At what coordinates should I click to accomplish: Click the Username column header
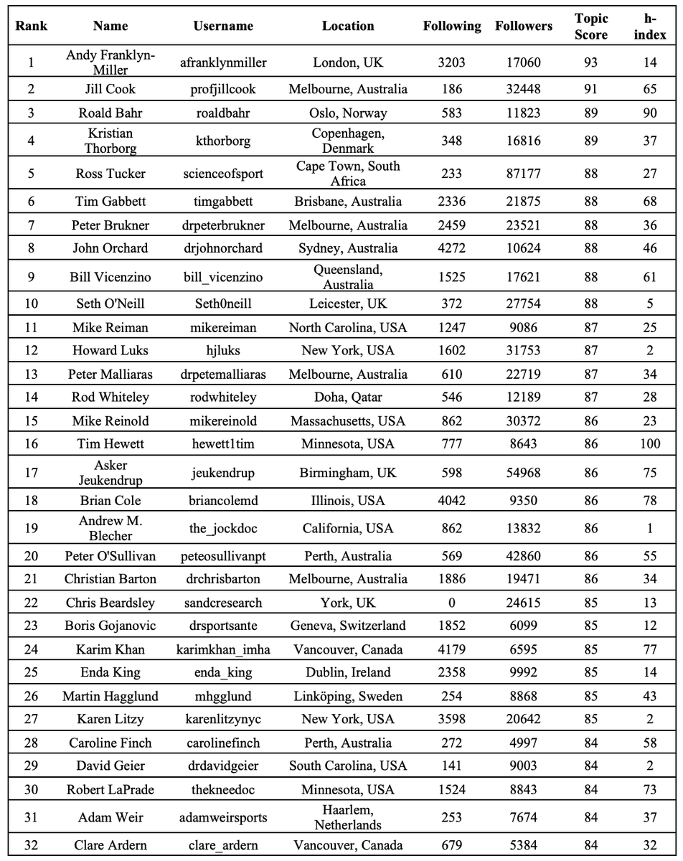[x=223, y=26]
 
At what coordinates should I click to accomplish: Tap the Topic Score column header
[x=590, y=26]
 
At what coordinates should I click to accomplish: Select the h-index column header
[x=650, y=26]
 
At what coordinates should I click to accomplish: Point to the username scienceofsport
[x=223, y=174]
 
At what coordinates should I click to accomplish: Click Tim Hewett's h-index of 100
[x=650, y=444]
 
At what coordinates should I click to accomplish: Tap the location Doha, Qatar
[x=348, y=397]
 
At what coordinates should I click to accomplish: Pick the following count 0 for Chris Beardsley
[x=451, y=603]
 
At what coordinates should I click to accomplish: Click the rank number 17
[x=31, y=472]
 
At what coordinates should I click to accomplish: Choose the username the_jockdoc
[x=223, y=528]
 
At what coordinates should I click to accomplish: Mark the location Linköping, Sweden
[x=348, y=696]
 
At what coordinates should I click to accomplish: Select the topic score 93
[x=590, y=62]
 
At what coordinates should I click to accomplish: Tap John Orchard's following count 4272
[x=451, y=248]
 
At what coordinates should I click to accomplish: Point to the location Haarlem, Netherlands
[x=348, y=817]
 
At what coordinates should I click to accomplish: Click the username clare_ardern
[x=223, y=845]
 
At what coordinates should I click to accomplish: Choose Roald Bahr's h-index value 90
[x=650, y=113]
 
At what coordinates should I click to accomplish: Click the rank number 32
[x=31, y=845]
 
